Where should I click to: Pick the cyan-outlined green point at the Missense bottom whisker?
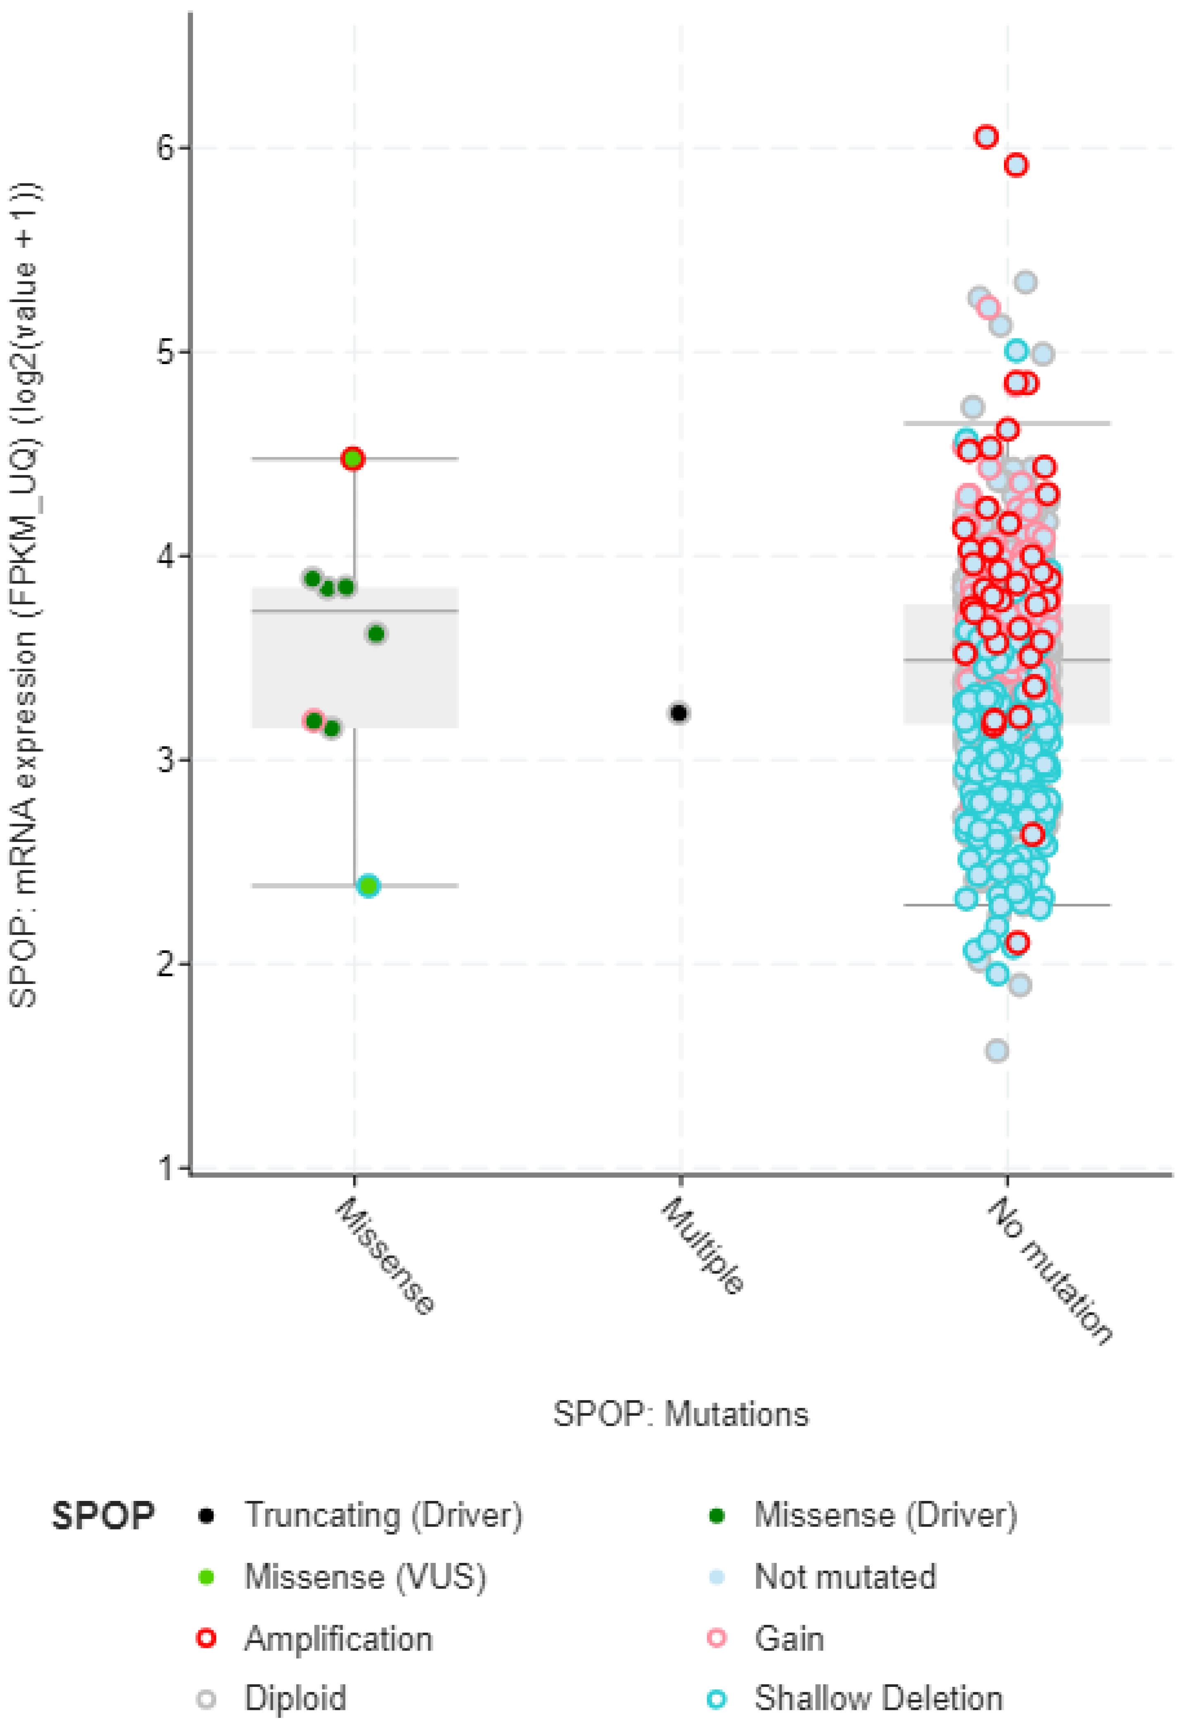tap(368, 885)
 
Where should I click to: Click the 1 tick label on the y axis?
tap(167, 1169)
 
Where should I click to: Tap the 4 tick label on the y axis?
tap(165, 556)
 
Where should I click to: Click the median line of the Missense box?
tap(355, 611)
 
